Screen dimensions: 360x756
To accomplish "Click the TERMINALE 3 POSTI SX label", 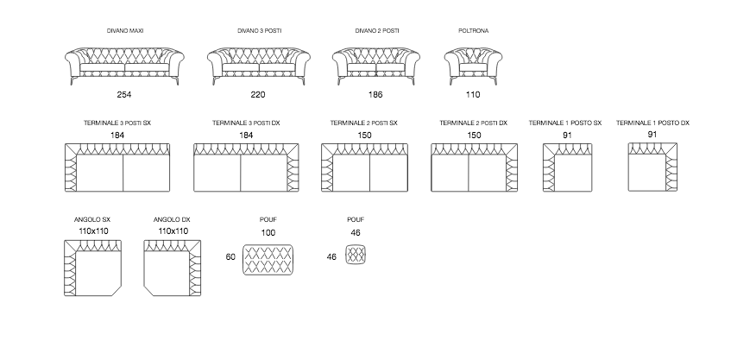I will tap(117, 123).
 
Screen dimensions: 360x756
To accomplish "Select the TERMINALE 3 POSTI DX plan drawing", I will tap(247, 167).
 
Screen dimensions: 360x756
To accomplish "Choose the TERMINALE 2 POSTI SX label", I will tap(364, 123).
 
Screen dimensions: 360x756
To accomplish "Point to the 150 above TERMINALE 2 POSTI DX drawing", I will tap(474, 136).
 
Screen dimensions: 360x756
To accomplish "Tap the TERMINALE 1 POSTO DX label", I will tap(653, 123).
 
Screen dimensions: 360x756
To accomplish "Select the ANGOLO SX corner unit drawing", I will tap(94, 268).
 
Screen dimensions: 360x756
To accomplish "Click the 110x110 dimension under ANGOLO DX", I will tap(173, 231).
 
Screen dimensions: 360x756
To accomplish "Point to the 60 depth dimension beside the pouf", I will tap(230, 257).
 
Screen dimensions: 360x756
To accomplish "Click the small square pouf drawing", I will tap(356, 256).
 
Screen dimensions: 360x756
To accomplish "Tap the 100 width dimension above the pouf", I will tap(268, 233).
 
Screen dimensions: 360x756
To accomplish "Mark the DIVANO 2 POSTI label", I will tap(377, 31).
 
